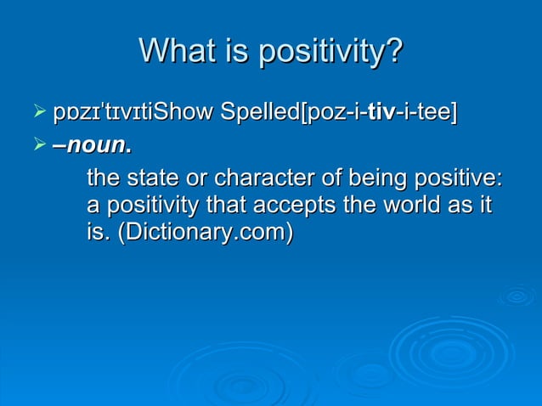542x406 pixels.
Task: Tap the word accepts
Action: pos(279,206)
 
